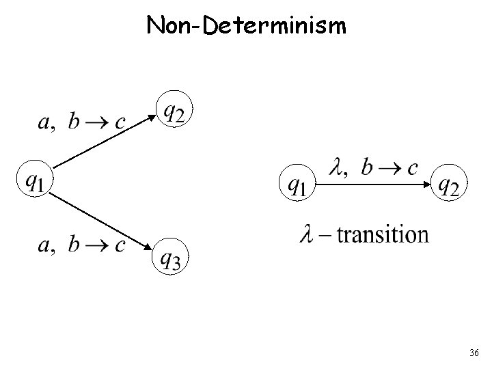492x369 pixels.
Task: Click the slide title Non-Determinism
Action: pos(246,26)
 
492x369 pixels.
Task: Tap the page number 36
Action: pos(474,353)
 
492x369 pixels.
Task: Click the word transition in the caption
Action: pos(382,235)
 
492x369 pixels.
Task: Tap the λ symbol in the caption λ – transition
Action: pos(306,235)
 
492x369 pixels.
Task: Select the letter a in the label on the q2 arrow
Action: pos(42,122)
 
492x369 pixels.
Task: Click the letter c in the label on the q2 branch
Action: pos(120,122)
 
